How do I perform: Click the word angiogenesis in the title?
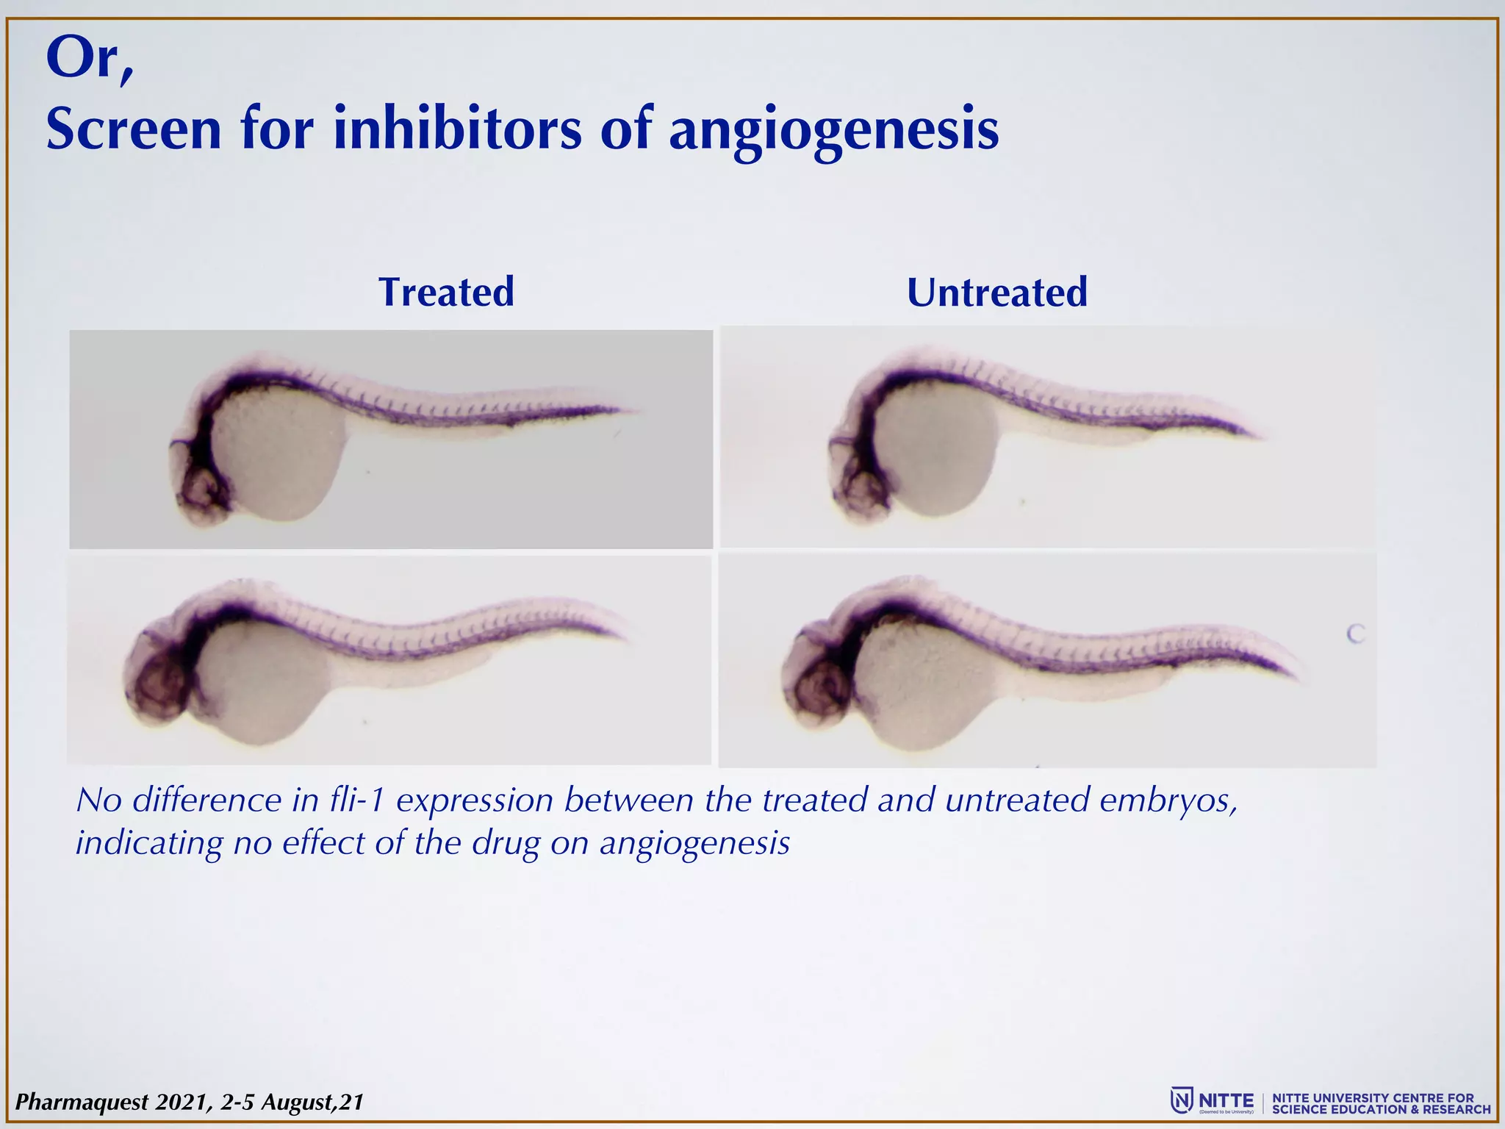click(833, 129)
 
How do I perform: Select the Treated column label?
click(446, 292)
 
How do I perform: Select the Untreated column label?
click(996, 292)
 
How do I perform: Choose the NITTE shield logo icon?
click(1181, 1100)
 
